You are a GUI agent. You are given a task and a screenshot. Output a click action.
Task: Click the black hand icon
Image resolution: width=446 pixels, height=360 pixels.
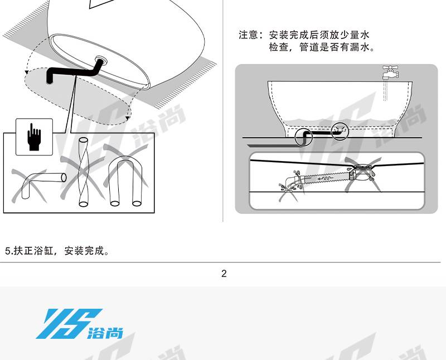pos(34,137)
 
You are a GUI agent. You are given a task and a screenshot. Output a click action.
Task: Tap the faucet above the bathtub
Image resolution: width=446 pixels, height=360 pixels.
pos(390,72)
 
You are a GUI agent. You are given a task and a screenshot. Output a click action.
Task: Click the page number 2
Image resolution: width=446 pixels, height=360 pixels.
pos(224,274)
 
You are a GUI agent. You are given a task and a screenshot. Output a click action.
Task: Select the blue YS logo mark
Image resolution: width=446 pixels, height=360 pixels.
pos(68,324)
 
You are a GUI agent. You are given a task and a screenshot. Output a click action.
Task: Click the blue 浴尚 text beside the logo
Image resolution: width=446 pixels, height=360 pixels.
pos(105,333)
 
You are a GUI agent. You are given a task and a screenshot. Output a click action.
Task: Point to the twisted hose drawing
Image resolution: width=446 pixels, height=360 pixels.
pos(83,172)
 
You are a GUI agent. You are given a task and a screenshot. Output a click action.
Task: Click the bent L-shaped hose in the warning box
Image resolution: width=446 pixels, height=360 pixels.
pos(43,185)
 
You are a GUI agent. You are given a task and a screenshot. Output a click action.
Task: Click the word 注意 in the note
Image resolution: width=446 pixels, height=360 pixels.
pos(248,35)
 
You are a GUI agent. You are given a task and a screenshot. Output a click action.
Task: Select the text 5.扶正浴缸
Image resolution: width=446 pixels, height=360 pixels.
pos(29,251)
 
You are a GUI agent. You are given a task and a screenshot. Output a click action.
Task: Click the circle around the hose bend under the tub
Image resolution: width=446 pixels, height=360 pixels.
pos(303,137)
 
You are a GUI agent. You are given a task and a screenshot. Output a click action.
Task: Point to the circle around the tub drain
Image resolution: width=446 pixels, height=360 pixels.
pos(340,130)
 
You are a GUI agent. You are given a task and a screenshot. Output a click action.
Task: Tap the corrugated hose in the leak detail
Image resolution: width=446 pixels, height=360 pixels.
pos(326,178)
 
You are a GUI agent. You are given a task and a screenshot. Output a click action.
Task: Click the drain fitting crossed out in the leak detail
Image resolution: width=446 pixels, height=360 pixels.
pos(362,172)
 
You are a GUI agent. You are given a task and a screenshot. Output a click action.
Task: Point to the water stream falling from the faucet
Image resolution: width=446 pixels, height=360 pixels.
pos(385,90)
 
